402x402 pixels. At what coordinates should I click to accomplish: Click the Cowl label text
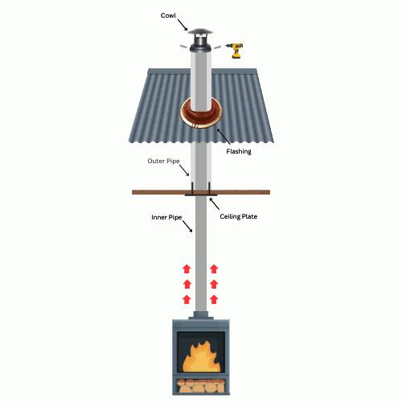168,15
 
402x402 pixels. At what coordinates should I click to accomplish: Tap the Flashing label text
239,151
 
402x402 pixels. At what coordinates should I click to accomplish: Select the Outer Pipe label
163,161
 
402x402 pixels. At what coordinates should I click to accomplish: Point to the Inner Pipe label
166,217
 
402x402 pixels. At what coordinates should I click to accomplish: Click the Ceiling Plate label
239,216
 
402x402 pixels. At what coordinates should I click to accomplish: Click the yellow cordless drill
236,50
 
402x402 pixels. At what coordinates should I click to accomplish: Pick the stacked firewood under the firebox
201,386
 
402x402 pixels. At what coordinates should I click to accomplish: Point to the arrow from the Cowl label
183,25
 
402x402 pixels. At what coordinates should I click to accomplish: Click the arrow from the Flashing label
224,137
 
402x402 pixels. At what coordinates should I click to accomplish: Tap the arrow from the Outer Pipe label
184,170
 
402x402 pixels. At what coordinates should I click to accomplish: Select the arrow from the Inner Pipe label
187,227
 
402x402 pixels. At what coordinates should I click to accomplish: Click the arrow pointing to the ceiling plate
215,203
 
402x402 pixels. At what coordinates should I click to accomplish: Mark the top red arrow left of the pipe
187,269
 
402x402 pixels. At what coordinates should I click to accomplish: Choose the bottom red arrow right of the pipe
214,299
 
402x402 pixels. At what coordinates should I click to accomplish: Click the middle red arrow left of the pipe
187,284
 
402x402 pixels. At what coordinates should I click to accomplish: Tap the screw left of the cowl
183,47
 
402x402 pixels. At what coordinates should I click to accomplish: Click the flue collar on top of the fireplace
201,315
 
